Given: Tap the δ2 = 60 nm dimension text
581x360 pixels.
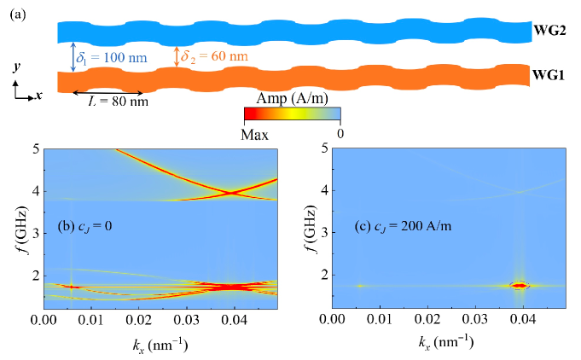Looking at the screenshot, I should click(x=214, y=56).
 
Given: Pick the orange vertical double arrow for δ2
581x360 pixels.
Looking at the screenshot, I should click(x=177, y=56).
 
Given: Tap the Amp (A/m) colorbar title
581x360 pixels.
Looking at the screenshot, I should click(x=292, y=99).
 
